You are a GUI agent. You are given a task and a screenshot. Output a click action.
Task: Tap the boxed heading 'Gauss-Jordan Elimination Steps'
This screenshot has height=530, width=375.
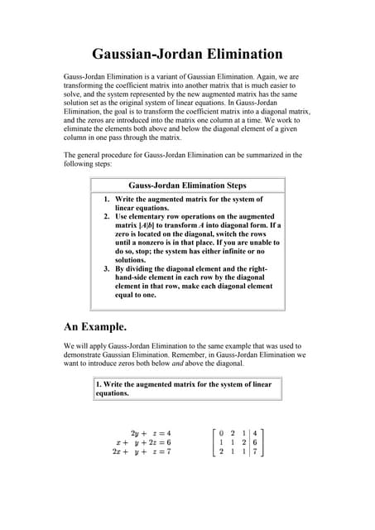187,185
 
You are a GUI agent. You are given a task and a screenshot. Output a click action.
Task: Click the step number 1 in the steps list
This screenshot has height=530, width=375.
107,200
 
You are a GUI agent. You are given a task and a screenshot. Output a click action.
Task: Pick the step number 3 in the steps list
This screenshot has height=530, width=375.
107,269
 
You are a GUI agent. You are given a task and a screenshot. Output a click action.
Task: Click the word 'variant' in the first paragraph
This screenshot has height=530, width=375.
167,76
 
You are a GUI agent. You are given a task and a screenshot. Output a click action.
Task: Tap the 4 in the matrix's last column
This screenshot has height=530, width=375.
255,432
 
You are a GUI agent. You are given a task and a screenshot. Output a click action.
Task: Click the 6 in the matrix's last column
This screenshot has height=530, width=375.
255,442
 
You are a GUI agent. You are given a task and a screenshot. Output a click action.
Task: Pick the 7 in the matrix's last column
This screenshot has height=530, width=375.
255,452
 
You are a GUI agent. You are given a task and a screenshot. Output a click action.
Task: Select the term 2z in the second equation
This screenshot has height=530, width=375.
151,443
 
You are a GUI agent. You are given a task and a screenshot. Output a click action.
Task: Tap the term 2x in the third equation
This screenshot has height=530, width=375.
118,452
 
